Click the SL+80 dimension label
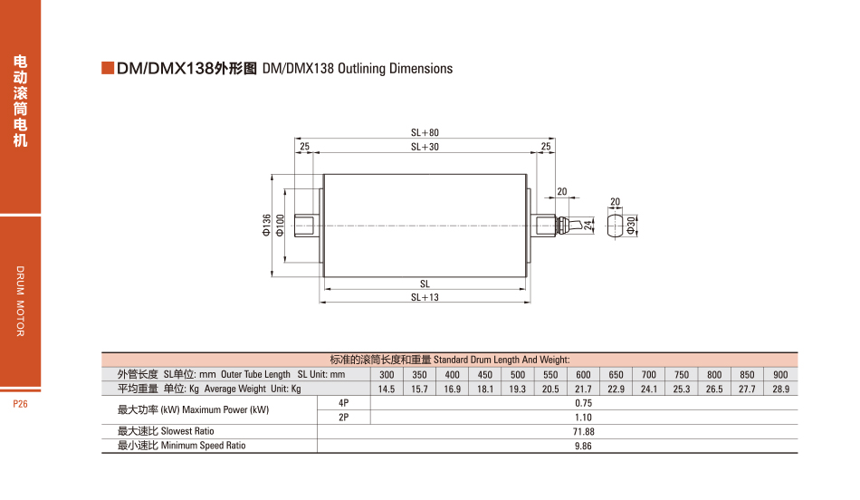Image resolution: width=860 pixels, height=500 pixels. coord(425,133)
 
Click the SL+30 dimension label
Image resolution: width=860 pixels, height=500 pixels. coord(425,147)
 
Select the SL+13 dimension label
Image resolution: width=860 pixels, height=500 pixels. coord(425,297)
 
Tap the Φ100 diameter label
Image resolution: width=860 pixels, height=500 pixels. coord(280,225)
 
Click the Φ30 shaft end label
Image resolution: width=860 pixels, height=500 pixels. coord(631,225)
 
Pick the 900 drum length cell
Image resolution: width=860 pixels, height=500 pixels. coord(780,375)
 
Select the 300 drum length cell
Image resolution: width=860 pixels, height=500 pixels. coord(387,375)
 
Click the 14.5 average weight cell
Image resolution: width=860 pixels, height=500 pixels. coord(387,389)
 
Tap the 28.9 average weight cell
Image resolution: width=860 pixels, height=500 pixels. coord(780,389)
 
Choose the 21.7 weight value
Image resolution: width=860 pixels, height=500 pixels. coord(583,389)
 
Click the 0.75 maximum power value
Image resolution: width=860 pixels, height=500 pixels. coord(583,403)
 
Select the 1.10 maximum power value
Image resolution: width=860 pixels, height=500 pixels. coord(583,418)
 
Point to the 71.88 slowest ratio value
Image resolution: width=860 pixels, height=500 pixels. coord(583,432)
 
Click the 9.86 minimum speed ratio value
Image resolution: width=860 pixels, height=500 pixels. coord(583,446)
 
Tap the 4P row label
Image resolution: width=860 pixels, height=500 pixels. coord(343,403)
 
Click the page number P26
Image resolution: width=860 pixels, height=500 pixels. coord(21,404)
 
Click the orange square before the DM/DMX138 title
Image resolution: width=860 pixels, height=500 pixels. coord(108,69)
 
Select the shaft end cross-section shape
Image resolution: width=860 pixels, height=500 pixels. coord(615,225)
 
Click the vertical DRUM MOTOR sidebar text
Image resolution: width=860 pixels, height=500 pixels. coord(21,302)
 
